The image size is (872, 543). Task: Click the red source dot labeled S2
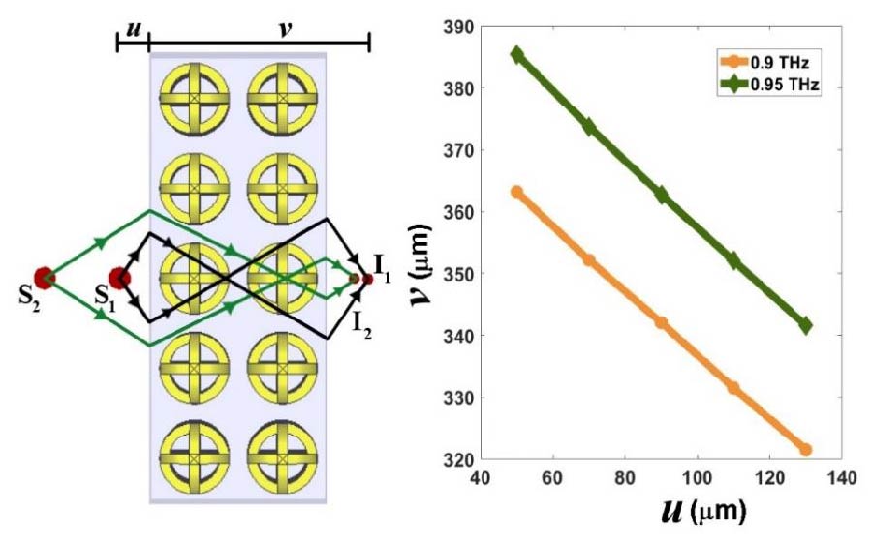click(x=43, y=278)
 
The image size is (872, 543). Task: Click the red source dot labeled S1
click(x=119, y=279)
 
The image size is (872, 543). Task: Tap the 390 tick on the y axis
click(x=455, y=27)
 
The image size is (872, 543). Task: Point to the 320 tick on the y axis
click(x=455, y=459)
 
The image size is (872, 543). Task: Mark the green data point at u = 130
click(x=804, y=326)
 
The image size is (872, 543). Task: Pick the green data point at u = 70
click(x=589, y=127)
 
